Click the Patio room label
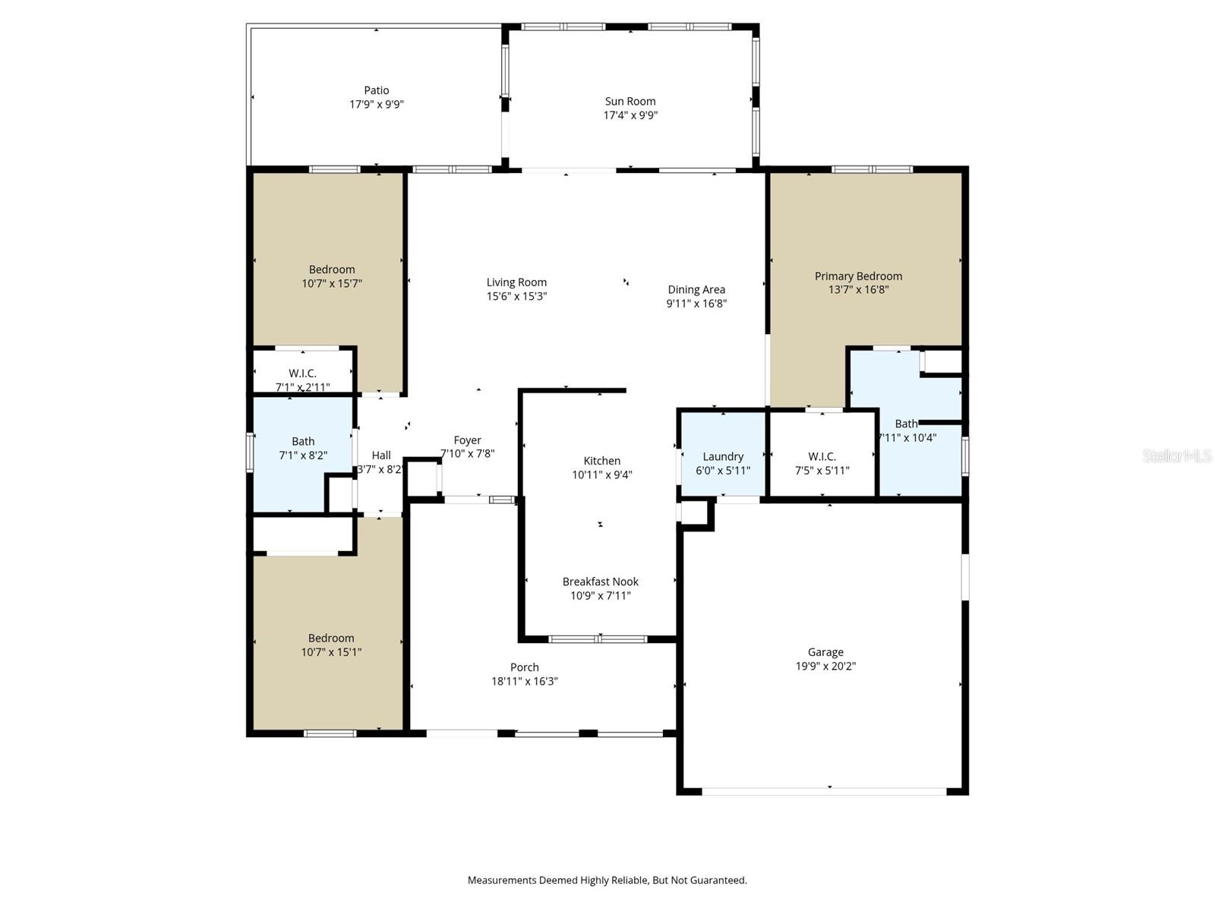[376, 90]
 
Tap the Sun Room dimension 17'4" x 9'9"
[630, 115]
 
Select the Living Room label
[516, 282]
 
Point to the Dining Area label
[696, 289]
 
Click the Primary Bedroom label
[858, 276]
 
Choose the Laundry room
[723, 456]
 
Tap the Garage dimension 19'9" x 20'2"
[825, 667]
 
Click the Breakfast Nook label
[600, 582]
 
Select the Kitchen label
[601, 461]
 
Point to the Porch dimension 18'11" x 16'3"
[524, 682]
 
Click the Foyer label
[467, 440]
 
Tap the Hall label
[381, 455]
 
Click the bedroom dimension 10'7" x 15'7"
[332, 284]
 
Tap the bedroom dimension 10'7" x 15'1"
[331, 652]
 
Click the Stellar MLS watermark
[1177, 455]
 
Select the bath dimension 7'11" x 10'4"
[908, 438]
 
